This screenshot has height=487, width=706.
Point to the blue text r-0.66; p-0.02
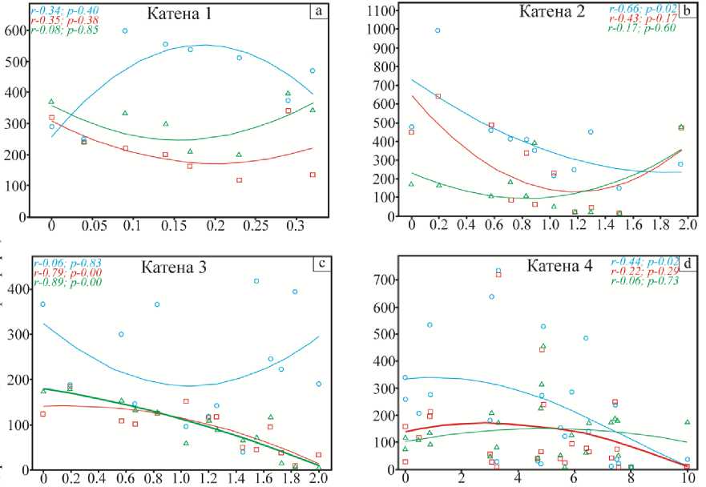[643, 10]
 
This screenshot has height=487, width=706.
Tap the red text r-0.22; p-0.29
[643, 272]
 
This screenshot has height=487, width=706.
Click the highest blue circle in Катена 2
[438, 30]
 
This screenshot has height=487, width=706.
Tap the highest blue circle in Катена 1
[125, 30]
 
